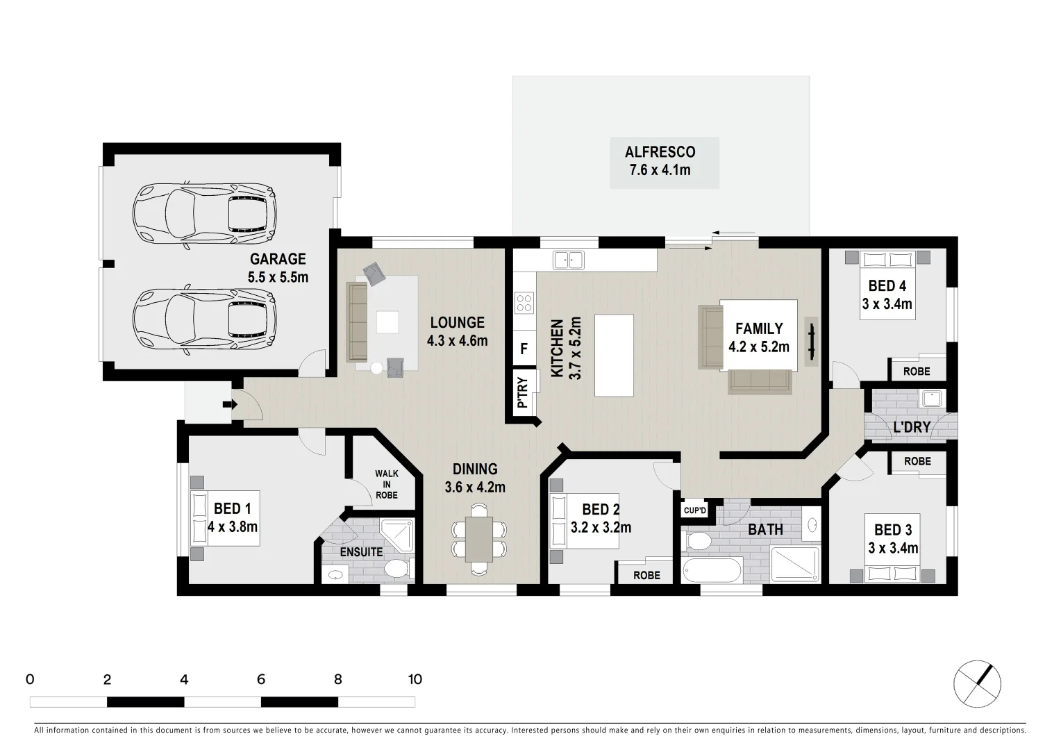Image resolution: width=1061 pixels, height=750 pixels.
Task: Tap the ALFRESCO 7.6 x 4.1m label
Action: (660, 161)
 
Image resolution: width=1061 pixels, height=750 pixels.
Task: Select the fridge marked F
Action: (524, 349)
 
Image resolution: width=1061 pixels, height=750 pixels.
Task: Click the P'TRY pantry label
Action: (523, 392)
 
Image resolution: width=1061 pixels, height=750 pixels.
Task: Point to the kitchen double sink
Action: (568, 260)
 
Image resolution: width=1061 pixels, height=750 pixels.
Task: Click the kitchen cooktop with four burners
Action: (524, 303)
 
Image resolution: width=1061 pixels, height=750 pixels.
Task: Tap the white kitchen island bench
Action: (614, 355)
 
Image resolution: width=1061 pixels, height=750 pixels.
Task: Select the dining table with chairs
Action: (479, 539)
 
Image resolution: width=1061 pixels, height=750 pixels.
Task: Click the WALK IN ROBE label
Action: (387, 484)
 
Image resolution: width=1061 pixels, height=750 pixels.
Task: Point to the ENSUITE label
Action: (361, 552)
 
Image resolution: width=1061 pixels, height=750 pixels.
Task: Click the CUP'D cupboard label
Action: (694, 511)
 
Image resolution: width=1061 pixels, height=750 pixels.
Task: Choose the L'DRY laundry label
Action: (911, 427)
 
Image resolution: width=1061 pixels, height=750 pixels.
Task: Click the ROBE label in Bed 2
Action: (646, 575)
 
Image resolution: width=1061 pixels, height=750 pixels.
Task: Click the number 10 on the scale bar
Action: (415, 679)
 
